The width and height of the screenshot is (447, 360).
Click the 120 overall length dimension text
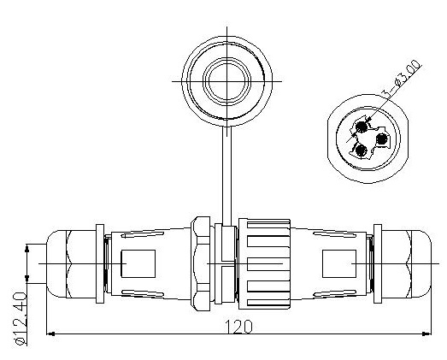(239, 327)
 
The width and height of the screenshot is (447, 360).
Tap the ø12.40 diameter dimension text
(21, 318)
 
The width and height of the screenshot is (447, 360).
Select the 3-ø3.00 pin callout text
(401, 79)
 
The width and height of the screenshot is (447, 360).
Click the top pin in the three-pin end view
(362, 127)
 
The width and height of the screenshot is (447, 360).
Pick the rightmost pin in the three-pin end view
(381, 139)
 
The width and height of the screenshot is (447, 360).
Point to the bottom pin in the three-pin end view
(362, 150)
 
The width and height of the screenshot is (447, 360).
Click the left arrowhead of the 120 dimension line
(50, 333)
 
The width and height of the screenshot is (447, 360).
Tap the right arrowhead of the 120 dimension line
(426, 333)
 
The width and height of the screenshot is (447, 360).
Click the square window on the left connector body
(138, 264)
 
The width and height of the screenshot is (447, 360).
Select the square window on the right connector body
(339, 264)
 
